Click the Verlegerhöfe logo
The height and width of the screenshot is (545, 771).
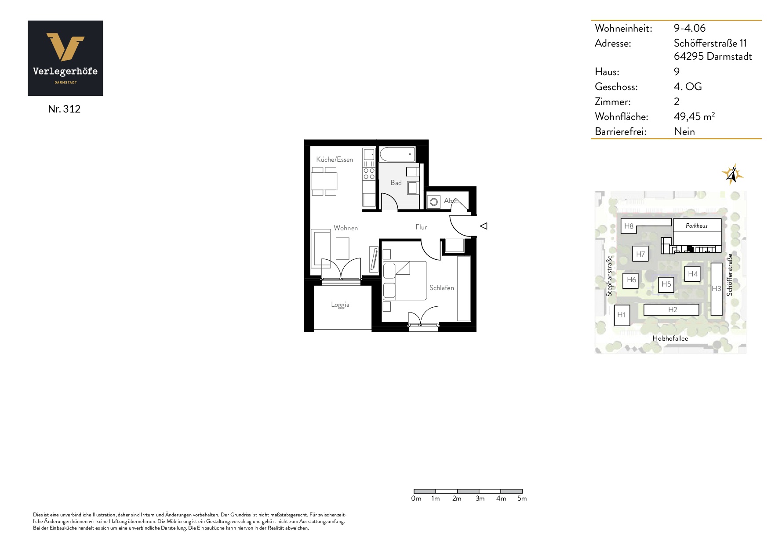[x=65, y=58]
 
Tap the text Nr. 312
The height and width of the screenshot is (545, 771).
[x=64, y=109]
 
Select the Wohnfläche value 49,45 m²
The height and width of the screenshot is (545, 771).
[x=694, y=116]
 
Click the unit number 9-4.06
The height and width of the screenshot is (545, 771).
[x=689, y=28]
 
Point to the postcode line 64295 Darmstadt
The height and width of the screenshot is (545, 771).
[x=713, y=56]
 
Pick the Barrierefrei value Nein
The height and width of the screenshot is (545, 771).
[x=684, y=131]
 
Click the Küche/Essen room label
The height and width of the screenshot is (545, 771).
[x=335, y=160]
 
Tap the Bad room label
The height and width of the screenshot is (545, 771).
[x=396, y=183]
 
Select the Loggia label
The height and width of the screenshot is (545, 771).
[x=340, y=305]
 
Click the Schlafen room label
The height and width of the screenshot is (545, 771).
[x=442, y=288]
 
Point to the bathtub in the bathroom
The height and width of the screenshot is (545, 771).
[x=397, y=154]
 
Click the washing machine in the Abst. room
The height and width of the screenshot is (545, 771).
[x=434, y=202]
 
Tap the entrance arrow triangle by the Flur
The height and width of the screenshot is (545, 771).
[x=484, y=226]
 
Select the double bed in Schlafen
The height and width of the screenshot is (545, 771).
[x=404, y=281]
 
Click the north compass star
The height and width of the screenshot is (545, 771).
[x=732, y=174]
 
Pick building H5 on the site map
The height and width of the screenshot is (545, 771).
[x=666, y=284]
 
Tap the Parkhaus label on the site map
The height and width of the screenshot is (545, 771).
[x=697, y=226]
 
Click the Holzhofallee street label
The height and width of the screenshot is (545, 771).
[x=670, y=338]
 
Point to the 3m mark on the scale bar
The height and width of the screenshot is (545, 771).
[x=480, y=498]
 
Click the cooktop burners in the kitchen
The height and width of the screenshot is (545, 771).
[x=369, y=174]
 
